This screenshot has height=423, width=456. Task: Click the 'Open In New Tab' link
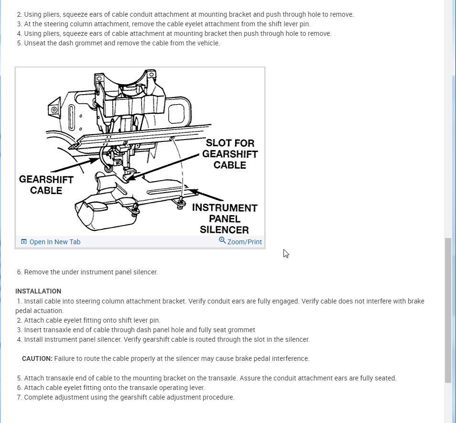(x=54, y=242)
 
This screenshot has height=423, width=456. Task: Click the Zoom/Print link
(x=244, y=242)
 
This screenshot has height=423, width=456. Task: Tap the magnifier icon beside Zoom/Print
(x=222, y=240)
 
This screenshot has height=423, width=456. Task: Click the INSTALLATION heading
(x=38, y=291)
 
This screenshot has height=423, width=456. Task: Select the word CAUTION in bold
(x=37, y=358)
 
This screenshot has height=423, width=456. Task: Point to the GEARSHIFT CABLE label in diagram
(x=46, y=185)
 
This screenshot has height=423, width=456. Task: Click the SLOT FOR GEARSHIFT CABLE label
(x=230, y=154)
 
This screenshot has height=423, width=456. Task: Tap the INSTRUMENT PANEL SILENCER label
(x=224, y=218)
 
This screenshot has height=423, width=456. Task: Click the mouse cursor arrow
(x=285, y=253)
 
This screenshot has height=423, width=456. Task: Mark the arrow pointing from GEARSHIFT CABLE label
(x=76, y=165)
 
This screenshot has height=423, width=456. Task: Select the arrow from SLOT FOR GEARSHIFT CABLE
(x=163, y=167)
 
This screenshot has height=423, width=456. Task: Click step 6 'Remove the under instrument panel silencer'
(x=91, y=272)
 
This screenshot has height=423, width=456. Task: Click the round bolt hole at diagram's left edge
(x=54, y=110)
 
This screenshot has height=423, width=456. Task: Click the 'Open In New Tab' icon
(x=24, y=242)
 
